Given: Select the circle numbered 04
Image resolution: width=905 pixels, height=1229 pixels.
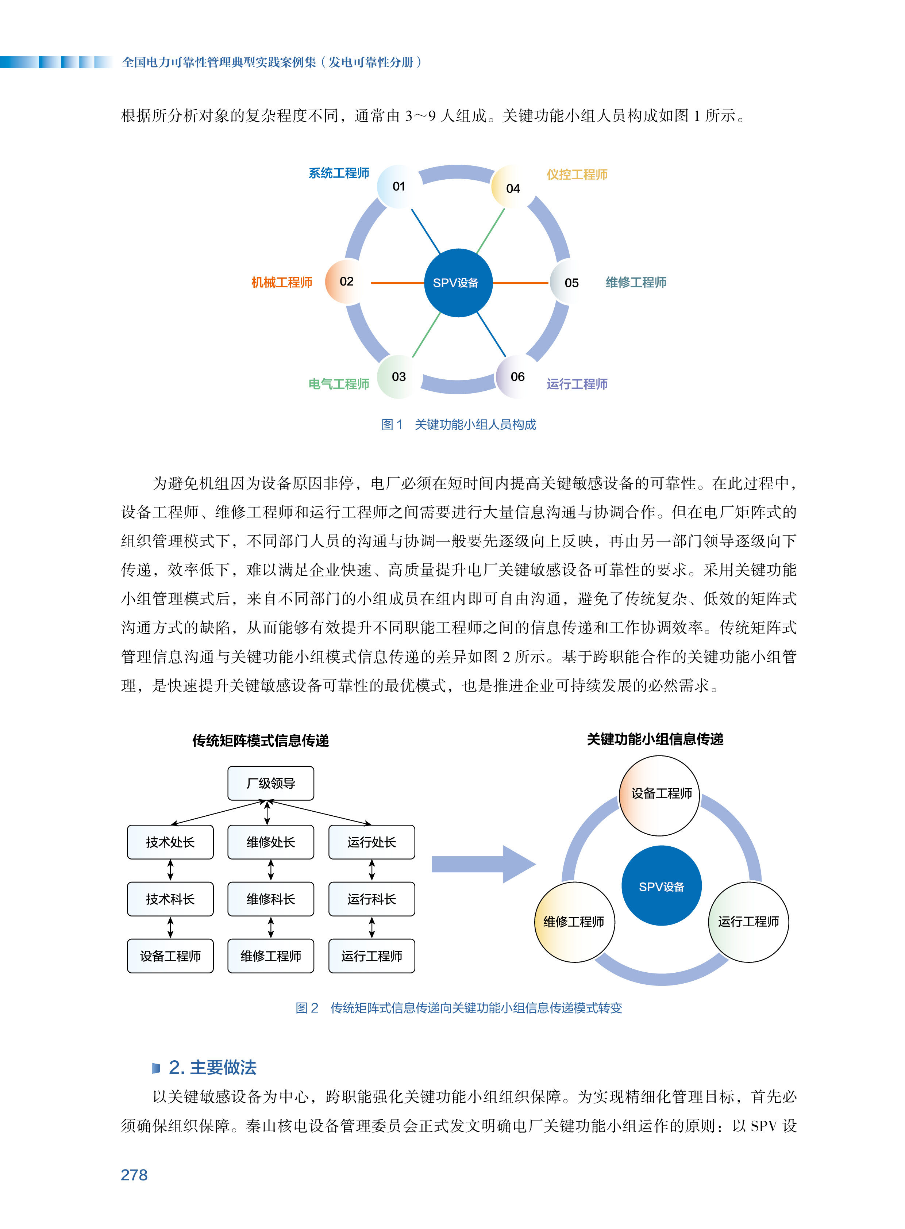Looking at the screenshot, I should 513,188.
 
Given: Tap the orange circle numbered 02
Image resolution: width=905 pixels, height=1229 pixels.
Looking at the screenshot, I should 346,282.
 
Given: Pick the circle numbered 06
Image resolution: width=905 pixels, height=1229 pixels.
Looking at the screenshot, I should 517,376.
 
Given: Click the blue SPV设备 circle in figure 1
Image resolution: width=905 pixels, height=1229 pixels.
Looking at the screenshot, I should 458,283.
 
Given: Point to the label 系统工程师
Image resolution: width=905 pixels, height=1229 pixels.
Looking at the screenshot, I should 339,173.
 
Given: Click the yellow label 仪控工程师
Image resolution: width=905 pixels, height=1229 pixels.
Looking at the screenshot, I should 577,174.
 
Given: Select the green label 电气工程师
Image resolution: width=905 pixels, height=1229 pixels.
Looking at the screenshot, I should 339,384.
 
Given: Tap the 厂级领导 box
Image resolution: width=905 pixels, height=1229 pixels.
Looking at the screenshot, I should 271,783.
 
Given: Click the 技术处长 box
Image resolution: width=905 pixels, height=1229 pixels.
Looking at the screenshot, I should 170,842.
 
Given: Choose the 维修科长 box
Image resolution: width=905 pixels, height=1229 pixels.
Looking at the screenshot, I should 271,899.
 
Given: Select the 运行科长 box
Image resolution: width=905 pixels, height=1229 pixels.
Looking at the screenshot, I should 371,899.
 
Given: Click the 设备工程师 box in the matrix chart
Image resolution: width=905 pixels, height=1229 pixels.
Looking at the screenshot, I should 170,956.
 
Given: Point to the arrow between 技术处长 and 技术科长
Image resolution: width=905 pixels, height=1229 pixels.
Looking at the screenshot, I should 170,870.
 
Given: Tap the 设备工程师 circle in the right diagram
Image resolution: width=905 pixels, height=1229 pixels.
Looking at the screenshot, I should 659,795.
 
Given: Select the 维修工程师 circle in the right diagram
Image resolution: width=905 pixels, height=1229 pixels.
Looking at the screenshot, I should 574,922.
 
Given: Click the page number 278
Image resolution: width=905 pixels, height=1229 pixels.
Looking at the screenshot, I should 134,1175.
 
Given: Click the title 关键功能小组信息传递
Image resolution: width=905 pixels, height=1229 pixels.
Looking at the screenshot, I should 655,739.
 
